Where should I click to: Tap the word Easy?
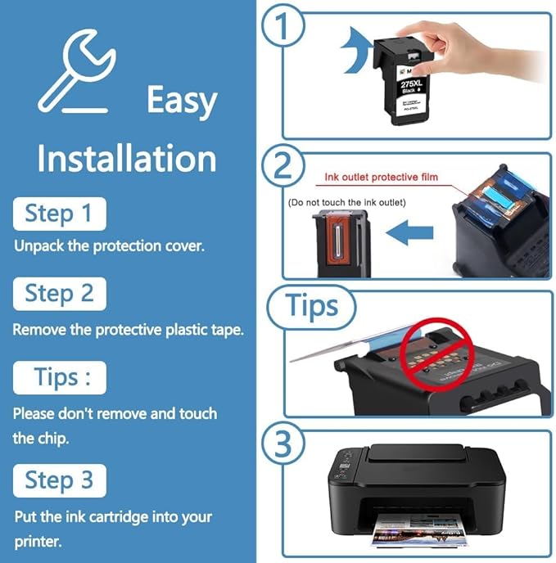[x=182, y=101]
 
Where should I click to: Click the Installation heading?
[x=126, y=157]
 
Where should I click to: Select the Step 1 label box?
[x=59, y=214]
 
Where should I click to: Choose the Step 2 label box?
[x=59, y=293]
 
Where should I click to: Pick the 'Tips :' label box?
[x=59, y=377]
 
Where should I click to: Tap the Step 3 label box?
[x=59, y=480]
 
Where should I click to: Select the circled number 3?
[x=283, y=445]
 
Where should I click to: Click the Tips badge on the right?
[x=312, y=307]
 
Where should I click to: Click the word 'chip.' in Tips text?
[x=30, y=438]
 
